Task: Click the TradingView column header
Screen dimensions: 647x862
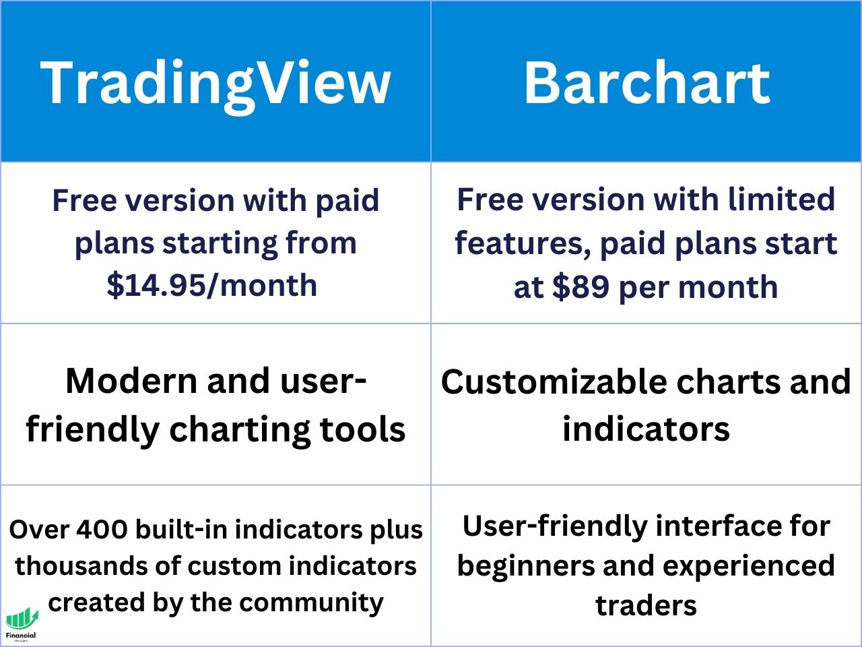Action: (x=215, y=82)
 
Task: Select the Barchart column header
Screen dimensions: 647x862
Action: (x=646, y=82)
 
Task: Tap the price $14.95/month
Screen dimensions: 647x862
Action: (x=212, y=284)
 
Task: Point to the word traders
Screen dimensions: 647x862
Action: (x=646, y=605)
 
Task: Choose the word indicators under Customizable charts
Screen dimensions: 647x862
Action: (x=646, y=429)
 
